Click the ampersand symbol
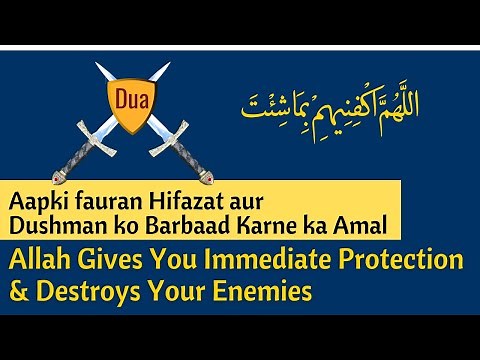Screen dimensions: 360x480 [x=21, y=292]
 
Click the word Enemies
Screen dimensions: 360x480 [x=265, y=292]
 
